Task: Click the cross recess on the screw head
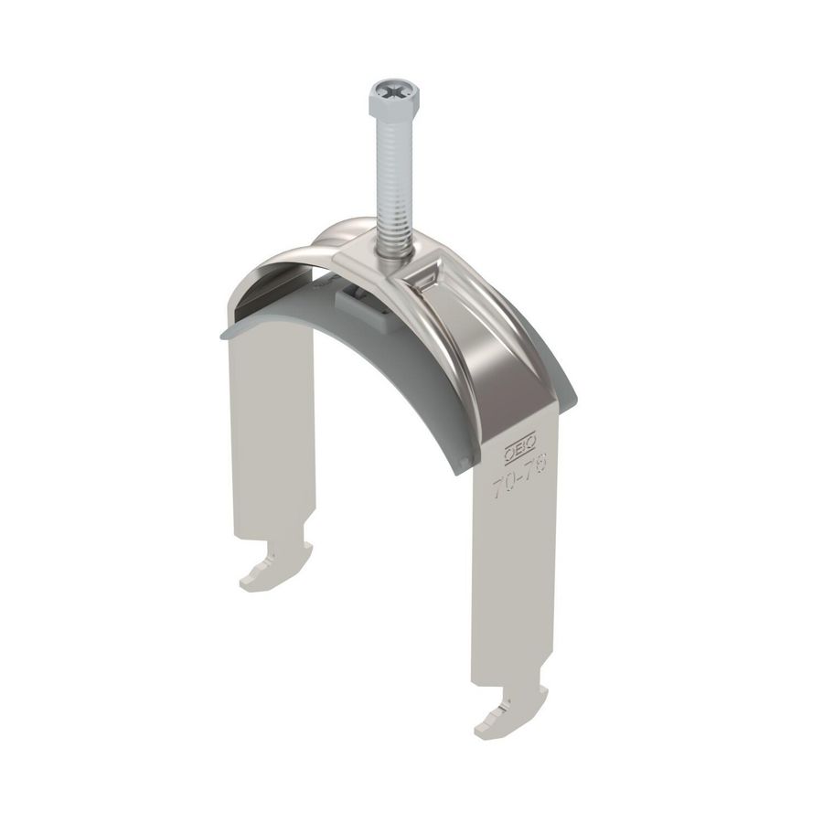pos(391,91)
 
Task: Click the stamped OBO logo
pos(517,449)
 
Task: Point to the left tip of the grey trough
pos(225,330)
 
